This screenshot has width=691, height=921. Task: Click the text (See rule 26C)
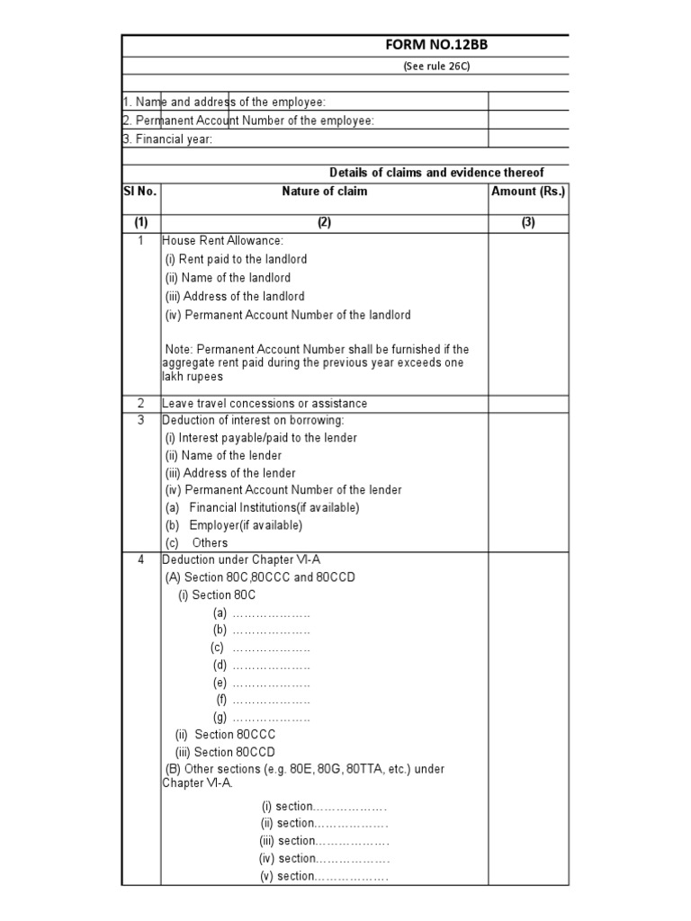[x=436, y=67]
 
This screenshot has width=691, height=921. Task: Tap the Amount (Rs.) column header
[x=528, y=192]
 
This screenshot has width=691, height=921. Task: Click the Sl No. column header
[x=140, y=192]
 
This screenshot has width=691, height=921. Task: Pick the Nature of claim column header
[x=324, y=192]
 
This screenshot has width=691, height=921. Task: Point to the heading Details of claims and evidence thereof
[x=436, y=173]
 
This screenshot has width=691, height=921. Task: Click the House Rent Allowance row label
[x=222, y=241]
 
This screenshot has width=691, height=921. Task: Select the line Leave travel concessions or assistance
[x=265, y=404]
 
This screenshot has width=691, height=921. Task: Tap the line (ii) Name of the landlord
[x=228, y=278]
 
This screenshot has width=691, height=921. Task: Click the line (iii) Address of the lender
[x=230, y=473]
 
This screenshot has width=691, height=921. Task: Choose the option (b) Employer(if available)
[x=234, y=525]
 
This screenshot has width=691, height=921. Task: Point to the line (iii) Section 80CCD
[x=225, y=753]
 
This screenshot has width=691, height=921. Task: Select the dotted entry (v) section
[x=324, y=876]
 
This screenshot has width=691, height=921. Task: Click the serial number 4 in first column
[x=140, y=560]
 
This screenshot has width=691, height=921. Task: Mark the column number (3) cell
[x=528, y=223]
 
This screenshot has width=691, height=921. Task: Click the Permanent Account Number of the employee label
[x=248, y=121]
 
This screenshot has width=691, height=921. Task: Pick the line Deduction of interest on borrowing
[x=253, y=420]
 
